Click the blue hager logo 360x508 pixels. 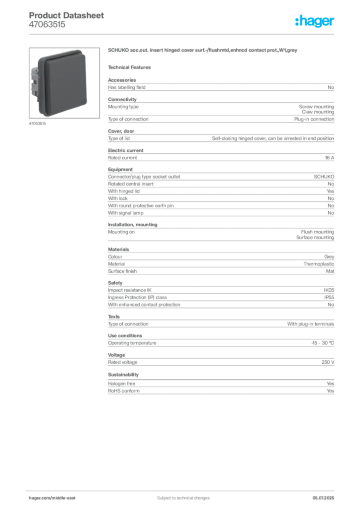tap(316, 22)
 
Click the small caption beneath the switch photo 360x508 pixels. tap(37, 124)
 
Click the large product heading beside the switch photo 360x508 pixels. tap(202, 50)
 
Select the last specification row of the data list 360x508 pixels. tap(222, 391)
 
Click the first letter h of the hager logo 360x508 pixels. tap(297, 22)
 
